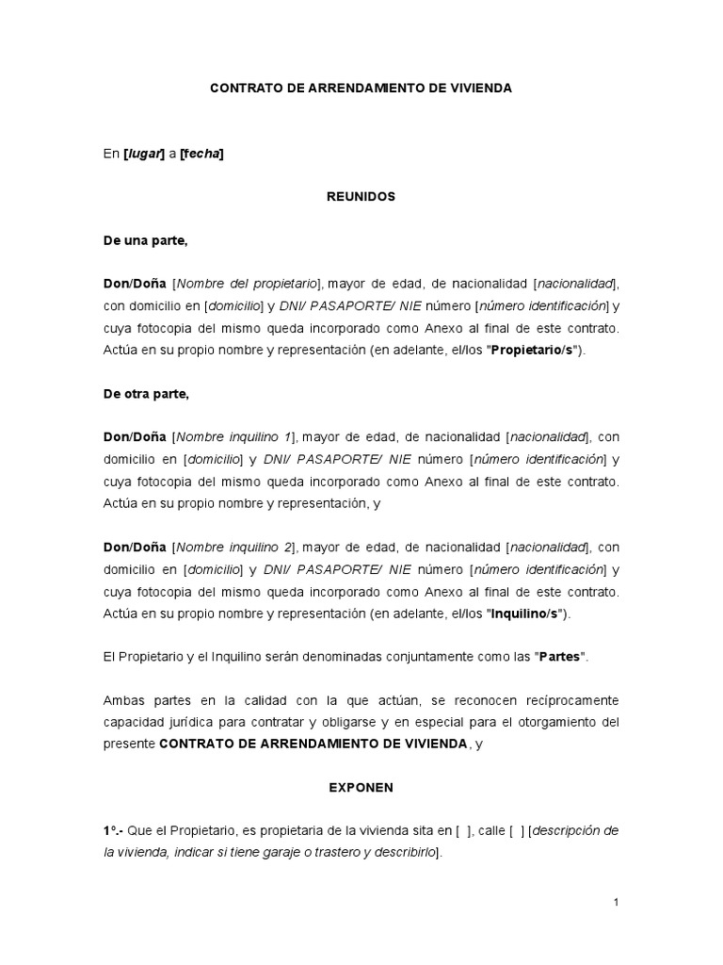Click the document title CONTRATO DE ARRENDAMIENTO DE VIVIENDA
[x=361, y=88]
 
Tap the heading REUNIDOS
[x=361, y=197]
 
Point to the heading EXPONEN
[x=361, y=786]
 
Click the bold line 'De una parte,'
[x=146, y=240]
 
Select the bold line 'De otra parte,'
[x=146, y=394]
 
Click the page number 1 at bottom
[x=616, y=903]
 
